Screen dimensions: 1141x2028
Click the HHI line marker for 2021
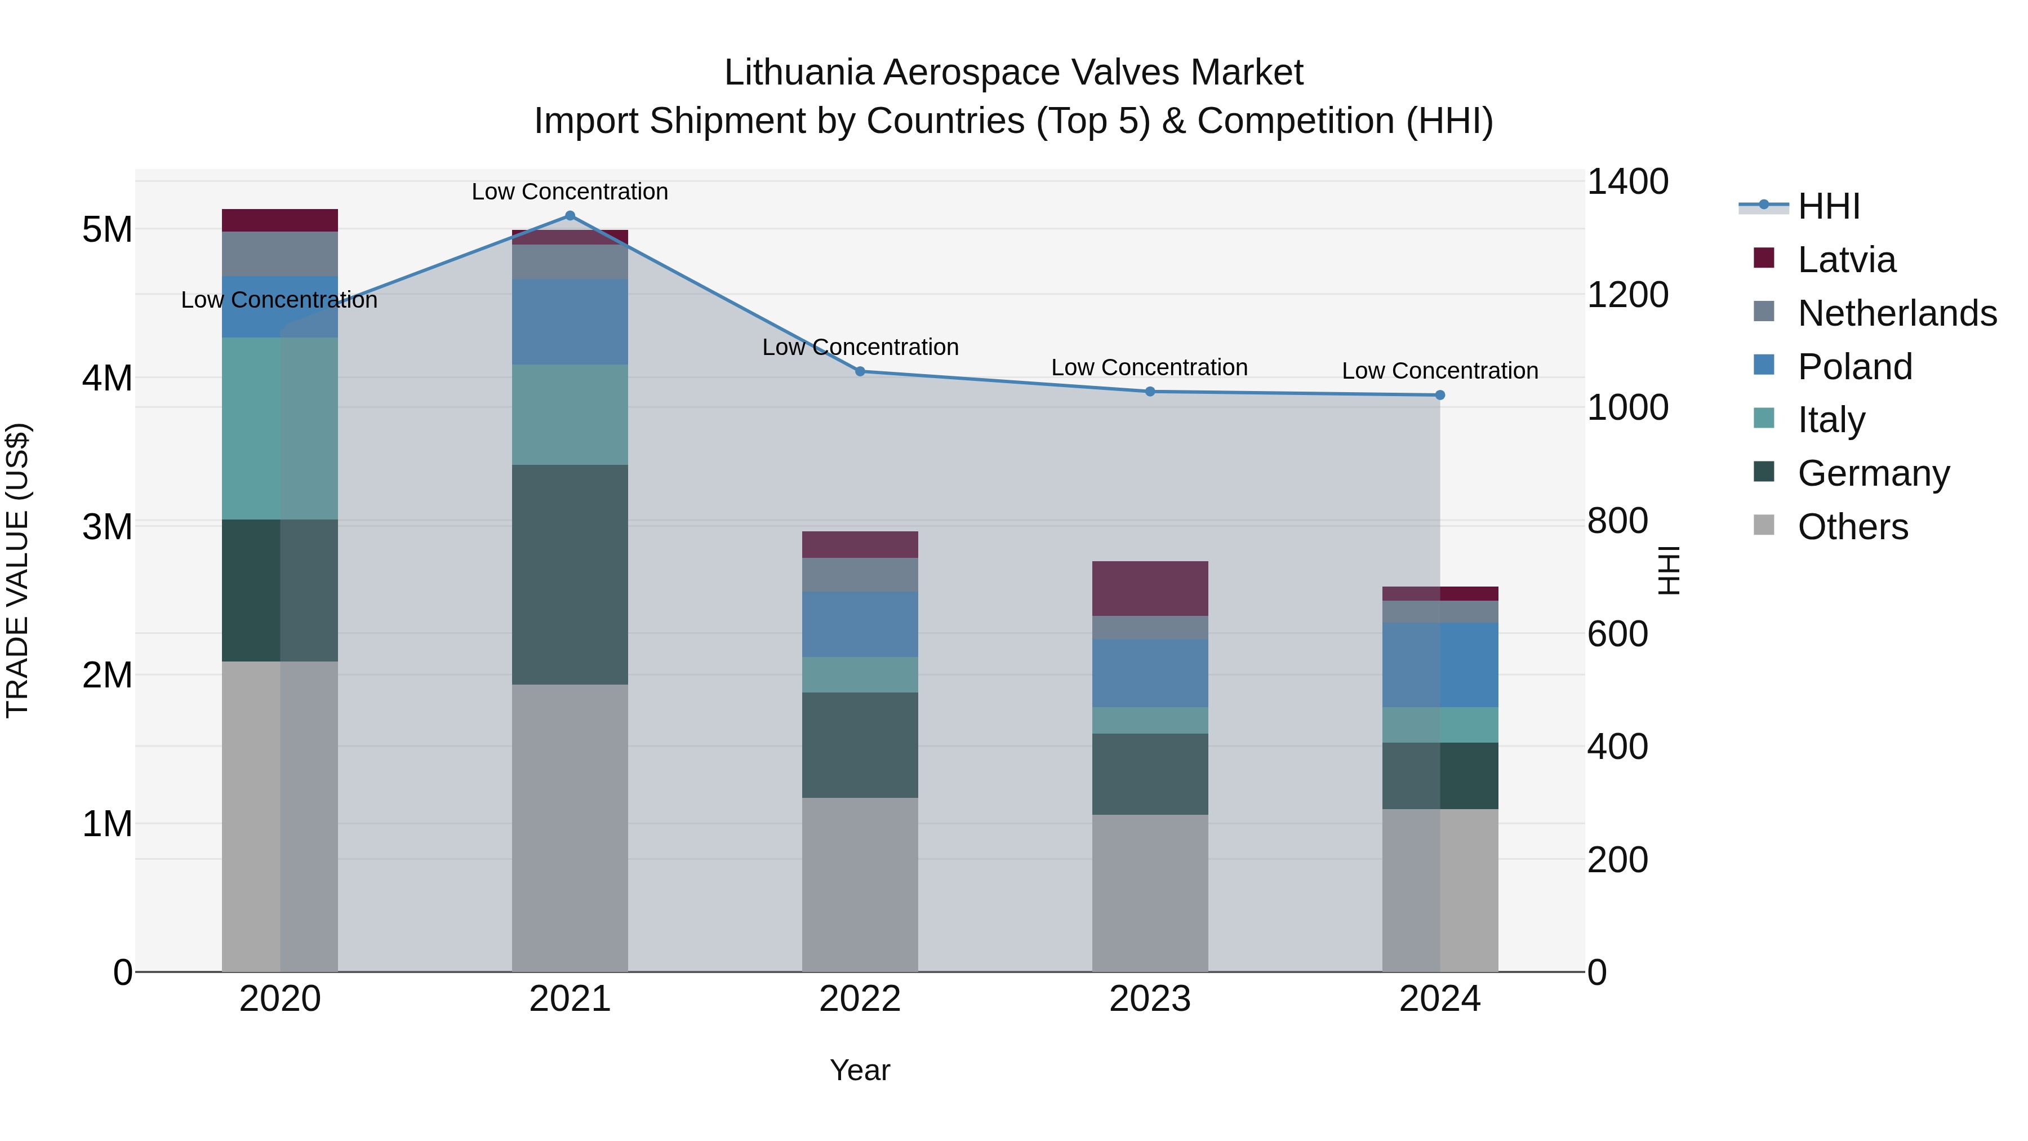pyautogui.click(x=570, y=216)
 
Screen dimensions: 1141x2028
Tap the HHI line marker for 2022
pyautogui.click(x=860, y=372)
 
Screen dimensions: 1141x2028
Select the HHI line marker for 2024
pyautogui.click(x=1440, y=396)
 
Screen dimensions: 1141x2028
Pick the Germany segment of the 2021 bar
pyautogui.click(x=570, y=574)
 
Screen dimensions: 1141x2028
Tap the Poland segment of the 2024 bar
pyautogui.click(x=1440, y=665)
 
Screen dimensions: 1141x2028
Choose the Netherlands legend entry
pyautogui.click(x=1897, y=313)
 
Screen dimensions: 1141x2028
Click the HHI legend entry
pyautogui.click(x=1828, y=206)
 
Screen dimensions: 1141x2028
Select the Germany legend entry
pyautogui.click(x=1873, y=473)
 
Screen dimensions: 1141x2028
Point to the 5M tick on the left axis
pyautogui.click(x=107, y=230)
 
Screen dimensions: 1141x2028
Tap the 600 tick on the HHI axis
pyautogui.click(x=1617, y=634)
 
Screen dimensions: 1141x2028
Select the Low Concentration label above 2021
pyautogui.click(x=570, y=192)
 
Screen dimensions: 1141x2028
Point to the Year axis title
pyautogui.click(x=860, y=1070)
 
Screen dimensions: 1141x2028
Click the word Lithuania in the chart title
pyautogui.click(x=798, y=73)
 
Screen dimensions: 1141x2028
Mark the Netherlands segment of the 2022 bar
pyautogui.click(x=860, y=575)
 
